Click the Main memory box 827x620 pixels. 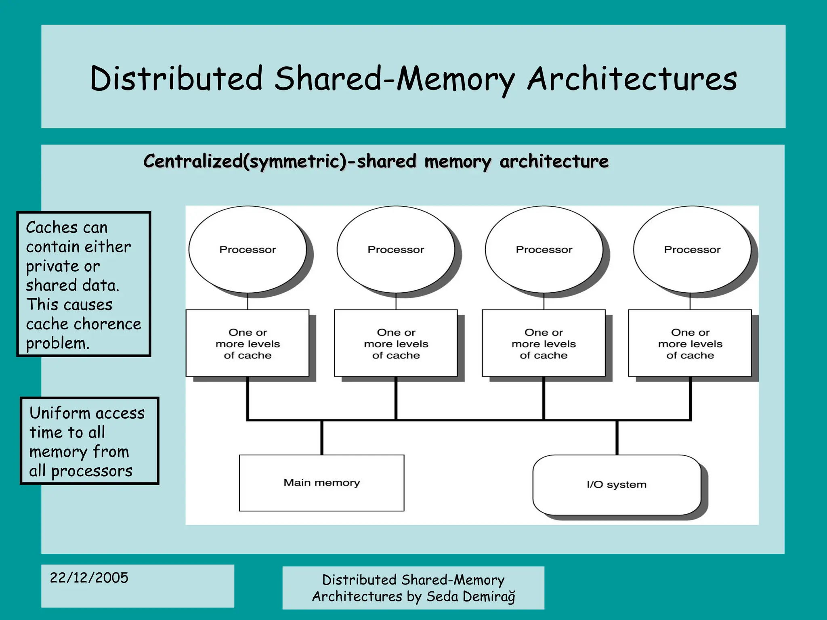pyautogui.click(x=321, y=483)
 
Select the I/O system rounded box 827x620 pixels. pyautogui.click(x=616, y=485)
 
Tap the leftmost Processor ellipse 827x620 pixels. pyautogui.click(x=247, y=249)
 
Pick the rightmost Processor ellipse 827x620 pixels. pyautogui.click(x=692, y=249)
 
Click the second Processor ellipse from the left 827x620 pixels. pyautogui.click(x=396, y=249)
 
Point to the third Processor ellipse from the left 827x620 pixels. pyautogui.click(x=544, y=249)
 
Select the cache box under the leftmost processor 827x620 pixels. pyautogui.click(x=247, y=344)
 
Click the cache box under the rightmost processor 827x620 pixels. pyautogui.click(x=690, y=344)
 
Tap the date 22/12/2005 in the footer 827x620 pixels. pyautogui.click(x=89, y=578)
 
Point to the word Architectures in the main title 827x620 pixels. pyautogui.click(x=632, y=79)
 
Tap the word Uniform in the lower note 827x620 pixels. pyautogui.click(x=60, y=413)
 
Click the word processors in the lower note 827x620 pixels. pyautogui.click(x=92, y=471)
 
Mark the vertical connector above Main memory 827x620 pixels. pyautogui.click(x=322, y=438)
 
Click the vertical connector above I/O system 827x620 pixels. pyautogui.click(x=617, y=438)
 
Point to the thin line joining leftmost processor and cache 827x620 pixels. pyautogui.click(x=247, y=301)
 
